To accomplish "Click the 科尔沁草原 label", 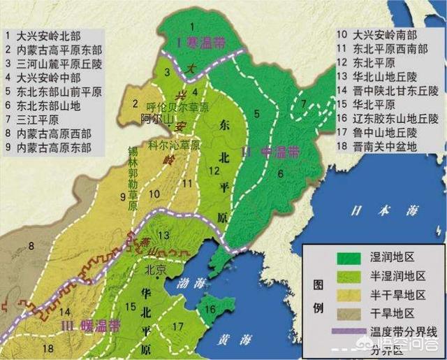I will click(174, 146).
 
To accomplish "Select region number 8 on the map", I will click(31, 245).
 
